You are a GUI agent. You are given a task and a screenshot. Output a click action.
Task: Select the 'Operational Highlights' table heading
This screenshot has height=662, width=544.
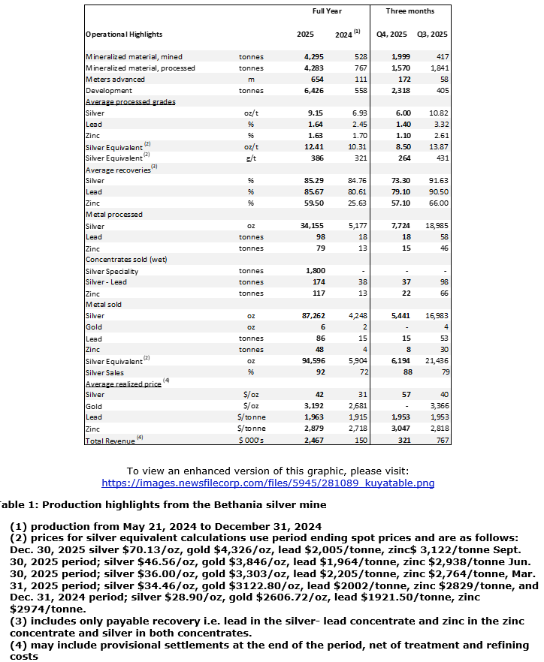tap(124, 35)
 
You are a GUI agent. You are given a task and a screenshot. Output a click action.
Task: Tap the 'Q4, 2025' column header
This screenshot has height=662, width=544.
tap(392, 35)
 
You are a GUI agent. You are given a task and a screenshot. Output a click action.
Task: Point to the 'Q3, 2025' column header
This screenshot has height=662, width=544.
tap(432, 35)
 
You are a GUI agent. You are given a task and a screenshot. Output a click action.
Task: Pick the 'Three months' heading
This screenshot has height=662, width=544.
tap(410, 11)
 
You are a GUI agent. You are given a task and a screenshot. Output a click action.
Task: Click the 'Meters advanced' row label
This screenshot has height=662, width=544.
tap(115, 79)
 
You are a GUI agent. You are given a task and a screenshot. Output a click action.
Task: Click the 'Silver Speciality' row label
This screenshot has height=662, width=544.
tap(112, 271)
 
